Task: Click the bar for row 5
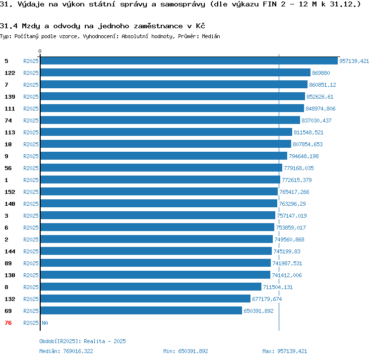coord(188,61)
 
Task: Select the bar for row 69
coord(141,311)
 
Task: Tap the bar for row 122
coord(175,73)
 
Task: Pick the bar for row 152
coord(159,192)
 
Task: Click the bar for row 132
coord(145,299)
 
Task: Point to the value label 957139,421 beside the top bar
coord(354,61)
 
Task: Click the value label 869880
coord(321,73)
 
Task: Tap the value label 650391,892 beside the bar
coord(258,311)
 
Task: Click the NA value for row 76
coord(45,323)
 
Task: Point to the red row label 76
coord(8,323)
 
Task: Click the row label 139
coord(10,97)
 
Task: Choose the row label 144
coord(10,251)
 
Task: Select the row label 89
coord(8,263)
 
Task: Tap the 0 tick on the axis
coord(40,51)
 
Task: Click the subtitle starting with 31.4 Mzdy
coord(103,25)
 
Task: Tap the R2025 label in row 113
coord(31,132)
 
